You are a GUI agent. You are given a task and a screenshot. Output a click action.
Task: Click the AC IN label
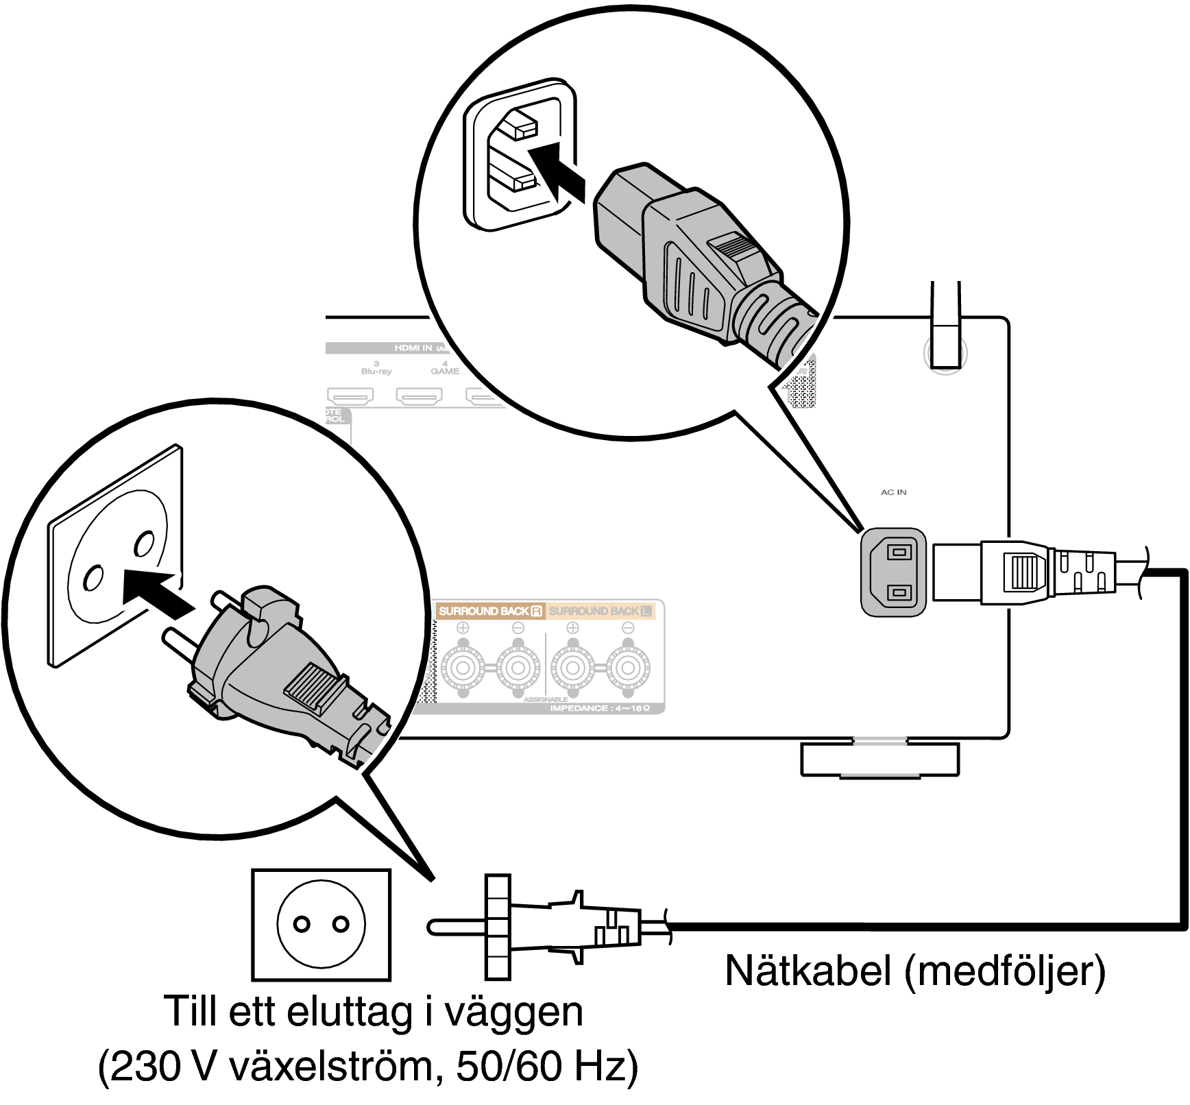click(893, 492)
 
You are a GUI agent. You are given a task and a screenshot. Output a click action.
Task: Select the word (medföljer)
click(1005, 972)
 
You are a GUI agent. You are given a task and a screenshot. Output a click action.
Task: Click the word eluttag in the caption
click(347, 1012)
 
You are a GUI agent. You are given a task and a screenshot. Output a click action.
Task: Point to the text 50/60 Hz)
click(547, 1067)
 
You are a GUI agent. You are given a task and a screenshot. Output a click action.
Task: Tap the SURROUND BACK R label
click(490, 611)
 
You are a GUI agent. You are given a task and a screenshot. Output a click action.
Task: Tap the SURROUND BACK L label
click(600, 611)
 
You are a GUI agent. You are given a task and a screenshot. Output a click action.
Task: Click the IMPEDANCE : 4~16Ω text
click(600, 708)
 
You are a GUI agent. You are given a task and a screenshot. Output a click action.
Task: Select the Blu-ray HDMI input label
click(376, 371)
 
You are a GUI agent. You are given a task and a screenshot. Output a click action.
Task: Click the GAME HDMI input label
click(445, 371)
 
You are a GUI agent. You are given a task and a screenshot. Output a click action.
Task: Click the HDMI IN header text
click(413, 348)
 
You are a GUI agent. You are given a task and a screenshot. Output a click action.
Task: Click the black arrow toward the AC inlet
click(557, 171)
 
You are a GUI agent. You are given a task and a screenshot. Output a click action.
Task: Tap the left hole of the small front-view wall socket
click(302, 924)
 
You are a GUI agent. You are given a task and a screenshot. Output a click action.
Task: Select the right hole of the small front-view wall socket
click(341, 924)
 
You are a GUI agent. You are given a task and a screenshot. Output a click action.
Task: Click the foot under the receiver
click(879, 760)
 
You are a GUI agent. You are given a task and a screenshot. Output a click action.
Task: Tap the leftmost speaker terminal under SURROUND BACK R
click(463, 667)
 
